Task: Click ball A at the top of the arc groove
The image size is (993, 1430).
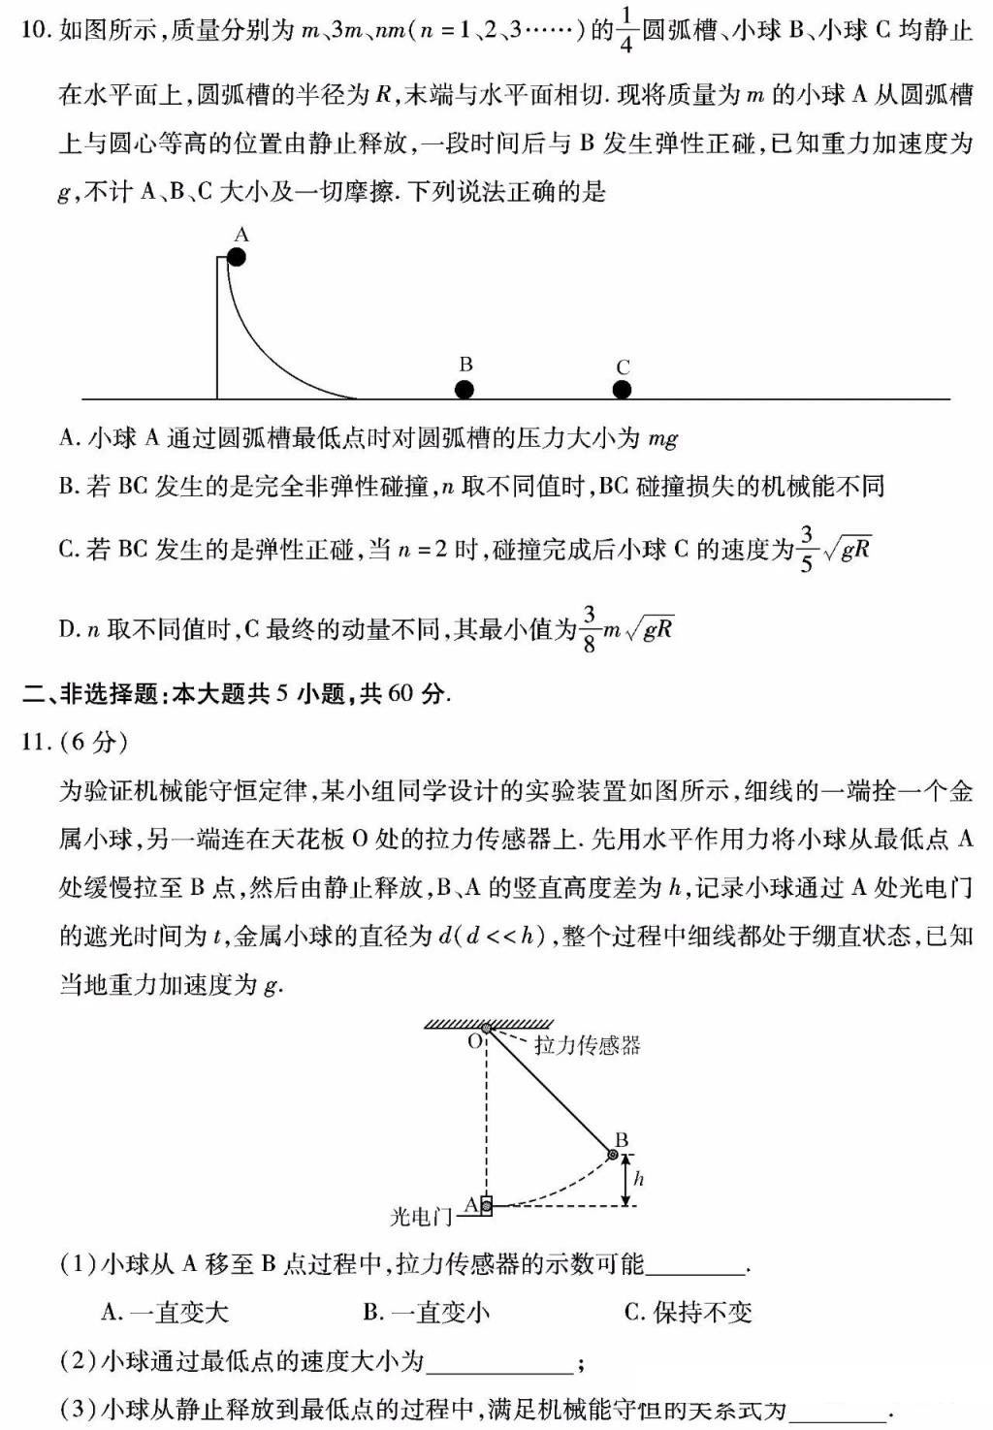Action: (x=236, y=257)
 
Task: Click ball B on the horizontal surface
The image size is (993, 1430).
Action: (x=464, y=390)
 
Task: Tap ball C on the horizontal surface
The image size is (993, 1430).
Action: (x=623, y=390)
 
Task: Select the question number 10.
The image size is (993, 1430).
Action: (x=33, y=31)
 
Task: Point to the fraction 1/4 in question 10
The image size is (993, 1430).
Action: (x=625, y=31)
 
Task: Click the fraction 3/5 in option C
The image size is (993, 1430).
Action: (x=807, y=550)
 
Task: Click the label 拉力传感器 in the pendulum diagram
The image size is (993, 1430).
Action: (x=587, y=1045)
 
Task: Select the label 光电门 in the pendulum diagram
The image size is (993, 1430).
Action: (x=421, y=1216)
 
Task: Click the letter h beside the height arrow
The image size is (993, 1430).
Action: (x=638, y=1179)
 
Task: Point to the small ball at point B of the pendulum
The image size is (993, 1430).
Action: (x=613, y=1154)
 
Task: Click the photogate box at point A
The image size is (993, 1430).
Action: (x=486, y=1206)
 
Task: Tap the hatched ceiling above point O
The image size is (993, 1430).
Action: (x=489, y=1023)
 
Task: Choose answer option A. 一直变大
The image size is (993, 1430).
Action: (x=165, y=1313)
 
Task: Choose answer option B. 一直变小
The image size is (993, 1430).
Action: (x=427, y=1313)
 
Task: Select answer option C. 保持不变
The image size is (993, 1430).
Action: (x=688, y=1313)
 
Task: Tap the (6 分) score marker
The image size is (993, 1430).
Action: (x=94, y=742)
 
